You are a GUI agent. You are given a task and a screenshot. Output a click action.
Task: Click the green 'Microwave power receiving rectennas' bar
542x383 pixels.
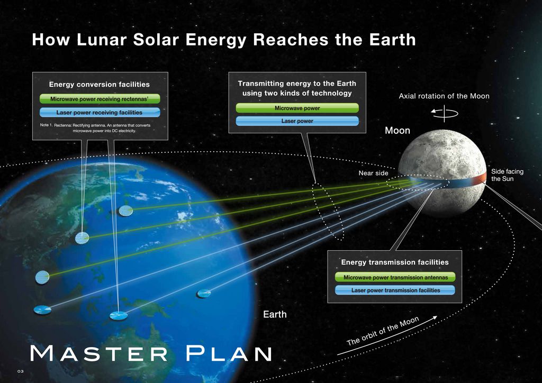tap(100, 99)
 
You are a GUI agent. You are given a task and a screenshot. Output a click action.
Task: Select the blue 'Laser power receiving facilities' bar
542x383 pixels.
tap(100, 112)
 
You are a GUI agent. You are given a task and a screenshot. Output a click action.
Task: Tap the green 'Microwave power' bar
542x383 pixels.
tap(297, 108)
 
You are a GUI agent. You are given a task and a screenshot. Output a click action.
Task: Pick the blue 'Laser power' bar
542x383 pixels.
tap(297, 121)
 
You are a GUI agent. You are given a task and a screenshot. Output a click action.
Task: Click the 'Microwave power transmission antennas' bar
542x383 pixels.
tap(395, 277)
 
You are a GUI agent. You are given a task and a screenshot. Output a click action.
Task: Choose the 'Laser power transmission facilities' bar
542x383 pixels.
tap(395, 290)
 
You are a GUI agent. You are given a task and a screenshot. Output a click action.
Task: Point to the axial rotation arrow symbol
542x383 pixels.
tap(445, 113)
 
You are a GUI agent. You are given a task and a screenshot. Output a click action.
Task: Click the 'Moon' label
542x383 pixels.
tap(398, 131)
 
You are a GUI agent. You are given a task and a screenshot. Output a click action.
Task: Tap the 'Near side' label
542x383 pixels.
tap(373, 173)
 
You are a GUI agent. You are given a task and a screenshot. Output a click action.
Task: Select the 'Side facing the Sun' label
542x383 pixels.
tap(507, 175)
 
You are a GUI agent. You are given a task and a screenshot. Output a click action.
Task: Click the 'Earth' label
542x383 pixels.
tap(275, 314)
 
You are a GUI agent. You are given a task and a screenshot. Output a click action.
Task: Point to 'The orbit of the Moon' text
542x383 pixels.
tap(383, 331)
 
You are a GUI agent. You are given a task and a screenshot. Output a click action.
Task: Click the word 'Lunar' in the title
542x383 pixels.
tap(101, 39)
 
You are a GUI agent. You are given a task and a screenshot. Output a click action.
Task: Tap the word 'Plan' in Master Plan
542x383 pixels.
tap(229, 353)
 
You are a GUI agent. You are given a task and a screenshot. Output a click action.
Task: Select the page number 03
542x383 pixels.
tap(21, 371)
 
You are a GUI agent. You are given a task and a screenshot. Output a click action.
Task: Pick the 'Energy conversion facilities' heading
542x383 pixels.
tap(99, 84)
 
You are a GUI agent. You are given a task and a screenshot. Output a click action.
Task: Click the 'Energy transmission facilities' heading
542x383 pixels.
tap(395, 262)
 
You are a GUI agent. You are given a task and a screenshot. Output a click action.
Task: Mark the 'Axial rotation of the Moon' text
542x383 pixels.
tap(444, 96)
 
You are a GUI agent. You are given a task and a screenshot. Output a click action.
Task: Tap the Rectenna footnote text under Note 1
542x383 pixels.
tap(95, 128)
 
